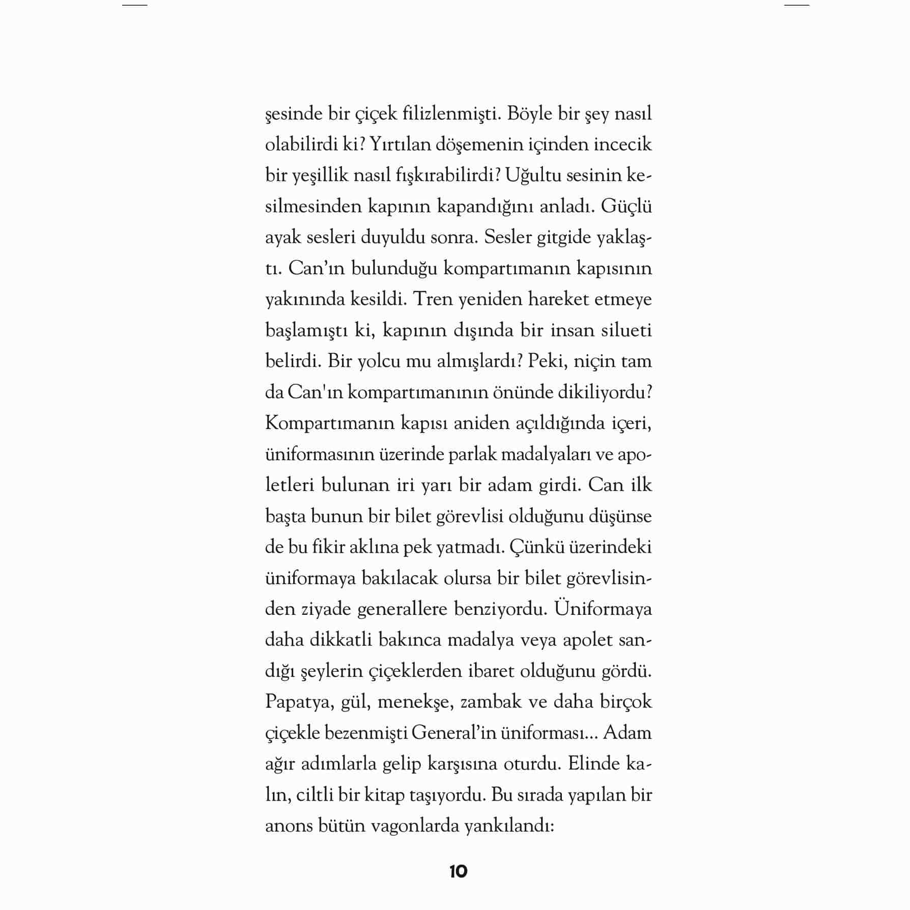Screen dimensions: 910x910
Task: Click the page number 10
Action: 458,872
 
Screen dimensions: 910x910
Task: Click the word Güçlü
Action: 626,206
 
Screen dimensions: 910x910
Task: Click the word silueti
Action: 627,330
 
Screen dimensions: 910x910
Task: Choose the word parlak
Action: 472,454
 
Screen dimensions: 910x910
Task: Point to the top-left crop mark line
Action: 134,5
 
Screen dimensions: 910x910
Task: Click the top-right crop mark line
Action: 797,5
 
